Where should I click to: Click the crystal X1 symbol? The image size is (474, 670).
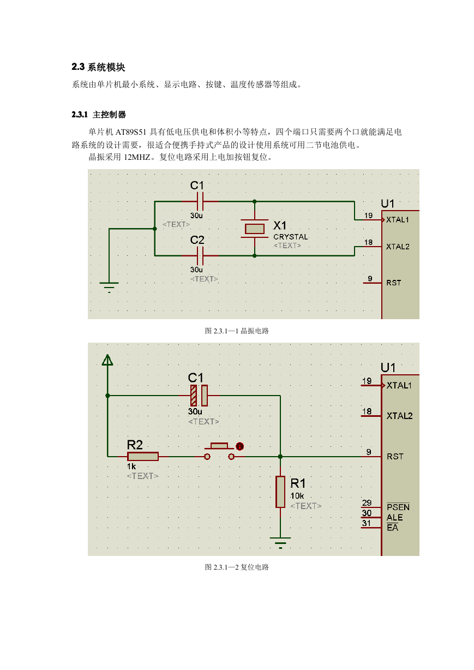click(x=255, y=229)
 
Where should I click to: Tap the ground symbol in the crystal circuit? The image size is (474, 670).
click(x=109, y=287)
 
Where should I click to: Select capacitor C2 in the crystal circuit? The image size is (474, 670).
click(x=200, y=256)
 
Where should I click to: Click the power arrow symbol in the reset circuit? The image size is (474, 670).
click(x=107, y=360)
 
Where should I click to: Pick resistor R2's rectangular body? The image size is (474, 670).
click(x=143, y=457)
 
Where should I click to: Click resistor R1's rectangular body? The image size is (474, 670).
click(x=280, y=492)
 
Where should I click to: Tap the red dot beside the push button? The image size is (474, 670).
click(x=239, y=446)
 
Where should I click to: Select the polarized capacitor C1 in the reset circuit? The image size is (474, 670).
click(x=199, y=396)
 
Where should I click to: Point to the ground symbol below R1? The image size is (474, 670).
click(x=280, y=542)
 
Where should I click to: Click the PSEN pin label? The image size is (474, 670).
click(x=398, y=507)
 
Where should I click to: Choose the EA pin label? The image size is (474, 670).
click(x=392, y=528)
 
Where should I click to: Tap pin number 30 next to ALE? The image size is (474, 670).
click(x=367, y=513)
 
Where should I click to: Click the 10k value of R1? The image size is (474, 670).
click(x=297, y=496)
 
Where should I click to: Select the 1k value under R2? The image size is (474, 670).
click(x=131, y=466)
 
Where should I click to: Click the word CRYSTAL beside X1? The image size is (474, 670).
click(x=290, y=237)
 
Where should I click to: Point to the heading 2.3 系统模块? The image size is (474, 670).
click(x=98, y=67)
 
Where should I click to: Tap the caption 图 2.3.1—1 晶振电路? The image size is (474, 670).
click(x=237, y=331)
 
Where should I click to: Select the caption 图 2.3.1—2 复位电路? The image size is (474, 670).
click(x=237, y=567)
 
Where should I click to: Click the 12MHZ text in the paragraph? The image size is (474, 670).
click(x=137, y=157)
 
